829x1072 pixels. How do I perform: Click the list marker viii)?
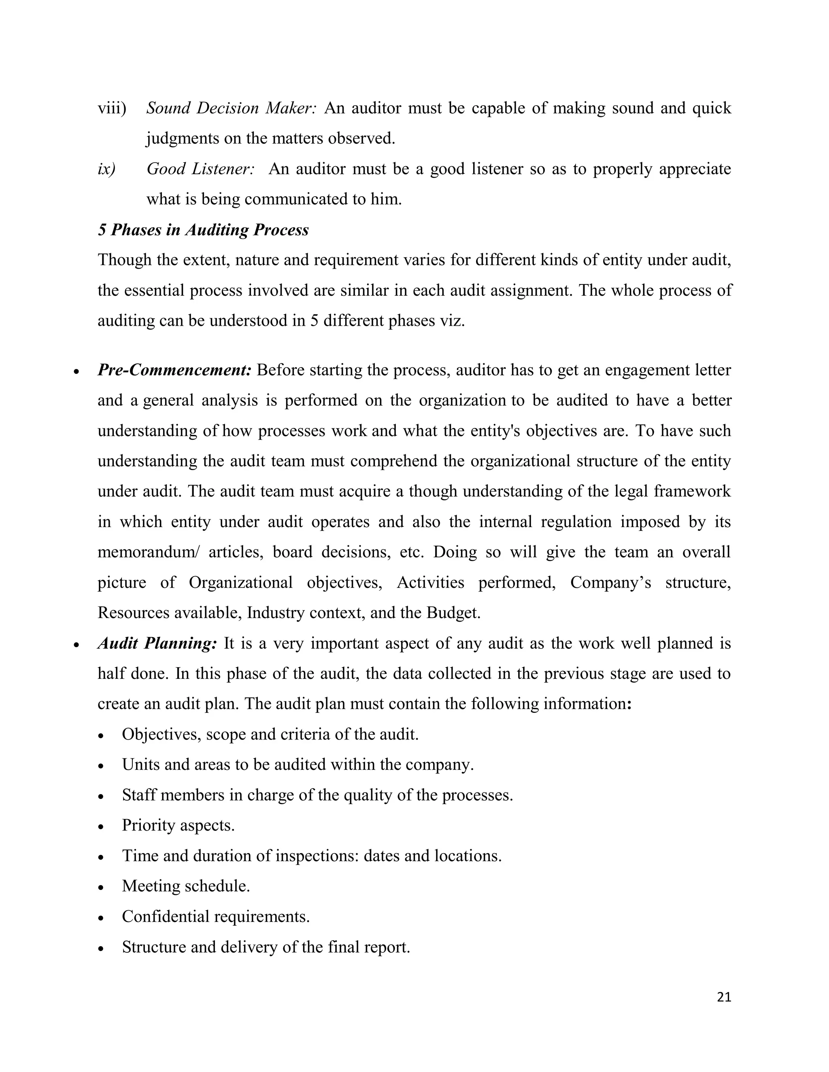(x=112, y=108)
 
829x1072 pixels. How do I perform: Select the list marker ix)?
(x=106, y=169)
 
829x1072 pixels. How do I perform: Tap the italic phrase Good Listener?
(x=200, y=169)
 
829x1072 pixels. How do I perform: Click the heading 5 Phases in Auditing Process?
(x=203, y=230)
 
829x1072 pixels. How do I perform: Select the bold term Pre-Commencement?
(x=174, y=370)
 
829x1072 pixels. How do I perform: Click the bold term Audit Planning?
(x=157, y=643)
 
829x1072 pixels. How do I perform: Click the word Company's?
(x=610, y=583)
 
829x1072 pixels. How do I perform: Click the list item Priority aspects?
(x=178, y=826)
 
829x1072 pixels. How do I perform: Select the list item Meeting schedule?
(x=186, y=886)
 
